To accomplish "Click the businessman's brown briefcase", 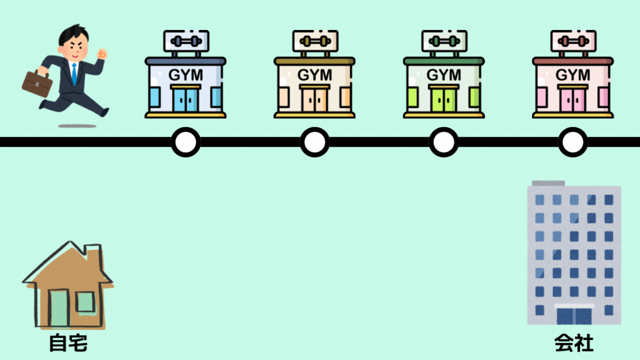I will click(36, 83).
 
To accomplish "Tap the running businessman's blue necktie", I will click(74, 74).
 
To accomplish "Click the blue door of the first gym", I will click(185, 99).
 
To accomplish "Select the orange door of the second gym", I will click(314, 99).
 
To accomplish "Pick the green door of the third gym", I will click(443, 99).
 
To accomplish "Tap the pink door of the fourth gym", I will click(572, 99).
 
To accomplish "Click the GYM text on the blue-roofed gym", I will click(186, 75).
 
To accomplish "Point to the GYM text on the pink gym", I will click(573, 75).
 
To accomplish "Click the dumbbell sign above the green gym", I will click(444, 41).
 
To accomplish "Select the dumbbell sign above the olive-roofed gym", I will click(314, 41).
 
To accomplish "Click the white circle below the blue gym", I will click(186, 142).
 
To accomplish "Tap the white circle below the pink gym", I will click(573, 142).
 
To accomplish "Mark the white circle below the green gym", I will click(444, 142).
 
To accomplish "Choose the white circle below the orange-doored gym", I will click(314, 142).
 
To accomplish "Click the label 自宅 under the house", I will click(67, 343).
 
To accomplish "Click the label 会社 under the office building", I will click(574, 343).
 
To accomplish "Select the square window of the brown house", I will click(85, 301).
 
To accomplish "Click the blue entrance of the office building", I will click(574, 315).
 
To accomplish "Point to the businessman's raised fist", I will click(101, 54).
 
